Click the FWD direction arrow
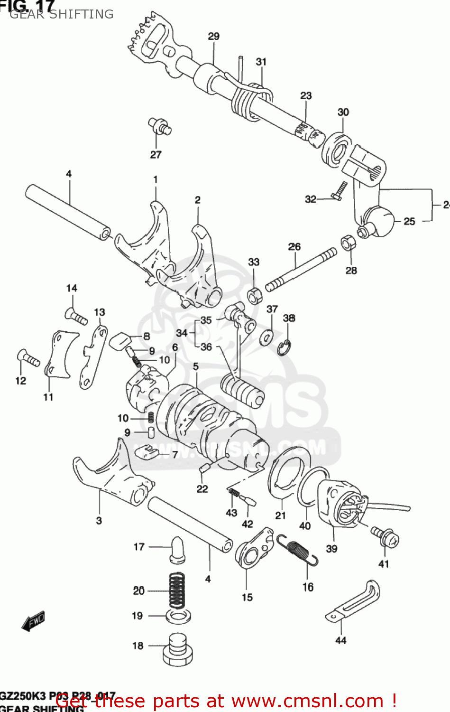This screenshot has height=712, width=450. click(33, 621)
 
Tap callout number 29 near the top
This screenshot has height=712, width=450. click(213, 37)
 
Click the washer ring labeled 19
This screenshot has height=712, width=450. click(178, 616)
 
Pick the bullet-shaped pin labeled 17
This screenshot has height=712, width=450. click(178, 549)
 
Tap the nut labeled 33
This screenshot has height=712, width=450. click(255, 295)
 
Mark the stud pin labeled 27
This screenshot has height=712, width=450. click(160, 126)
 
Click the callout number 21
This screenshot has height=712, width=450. click(280, 515)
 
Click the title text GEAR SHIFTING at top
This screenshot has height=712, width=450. click(62, 14)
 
